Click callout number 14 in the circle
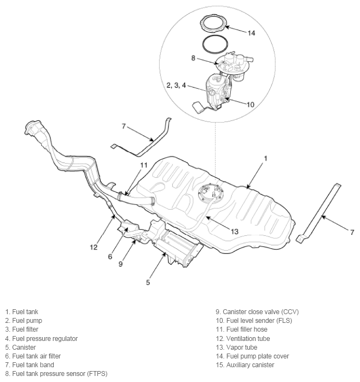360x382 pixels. click(x=251, y=33)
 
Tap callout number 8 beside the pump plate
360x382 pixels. click(x=193, y=57)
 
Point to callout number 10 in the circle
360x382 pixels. click(x=251, y=104)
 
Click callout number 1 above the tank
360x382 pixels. click(x=265, y=158)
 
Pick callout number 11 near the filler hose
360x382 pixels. click(x=144, y=164)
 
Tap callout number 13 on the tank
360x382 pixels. click(x=234, y=231)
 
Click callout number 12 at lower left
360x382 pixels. click(x=94, y=247)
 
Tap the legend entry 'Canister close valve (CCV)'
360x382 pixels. click(x=257, y=312)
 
